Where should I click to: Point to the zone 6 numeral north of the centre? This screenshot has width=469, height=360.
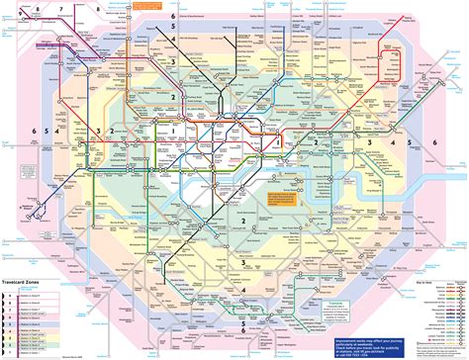click(172, 18)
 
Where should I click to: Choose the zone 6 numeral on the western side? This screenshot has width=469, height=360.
click(34, 131)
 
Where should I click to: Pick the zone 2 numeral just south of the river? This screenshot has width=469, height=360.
click(241, 222)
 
